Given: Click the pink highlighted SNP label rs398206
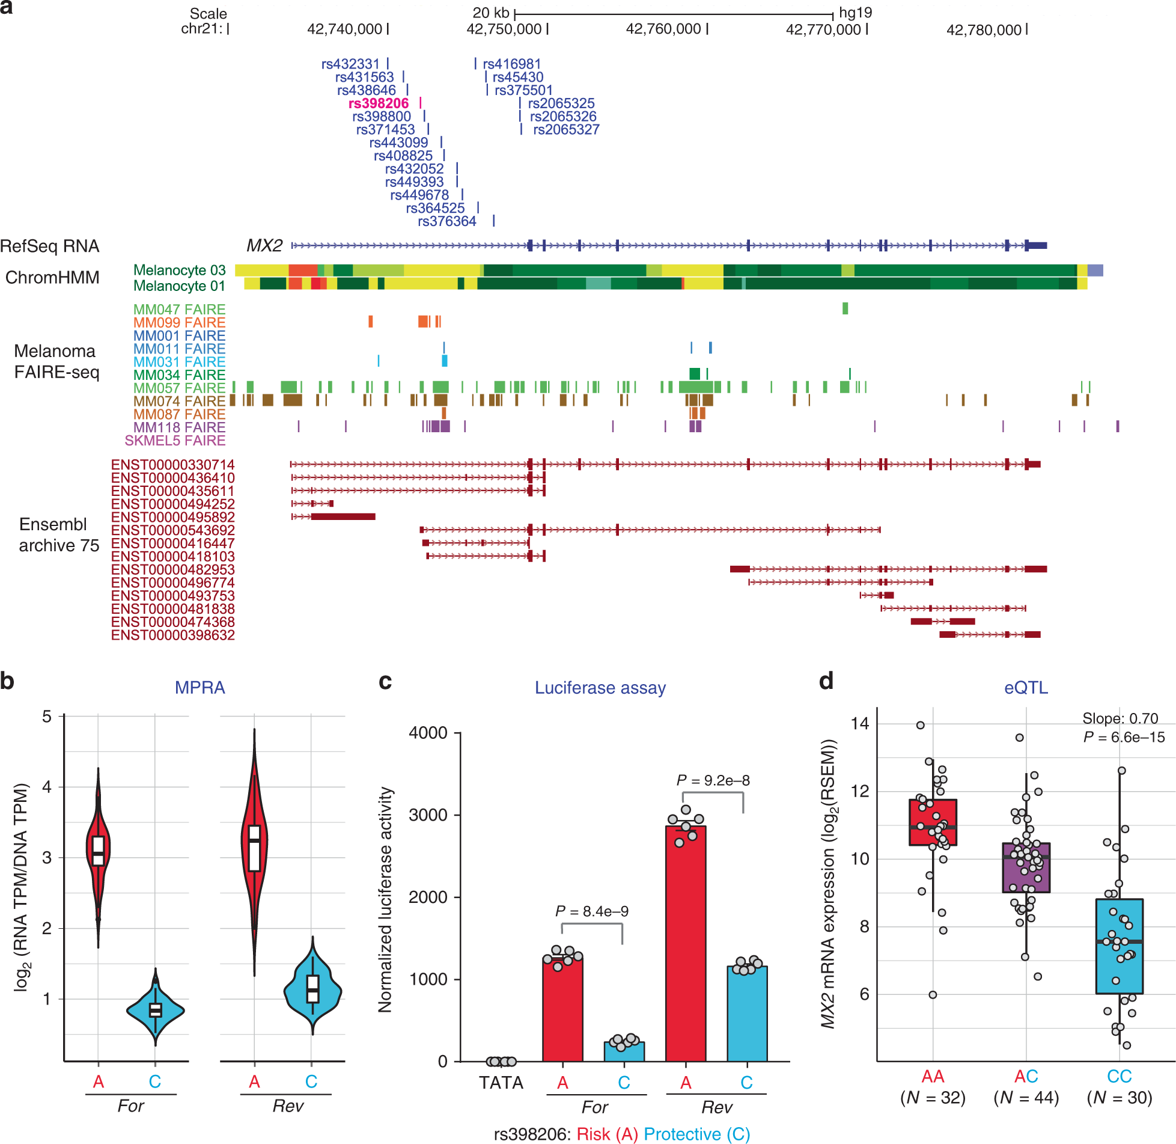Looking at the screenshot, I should pos(379,103).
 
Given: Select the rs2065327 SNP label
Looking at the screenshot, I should pos(566,130).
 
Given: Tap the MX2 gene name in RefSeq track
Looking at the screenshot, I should pos(264,246).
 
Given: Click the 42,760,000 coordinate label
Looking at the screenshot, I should pos(663,29).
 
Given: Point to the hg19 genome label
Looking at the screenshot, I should pos(855,13).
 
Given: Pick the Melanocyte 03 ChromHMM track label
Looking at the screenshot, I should pos(179,271).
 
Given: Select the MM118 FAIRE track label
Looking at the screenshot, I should pos(179,427).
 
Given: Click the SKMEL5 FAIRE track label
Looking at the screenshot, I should pos(175,441).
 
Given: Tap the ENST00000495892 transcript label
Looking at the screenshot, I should pos(172,517).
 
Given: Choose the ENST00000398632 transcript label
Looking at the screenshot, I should pos(172,635).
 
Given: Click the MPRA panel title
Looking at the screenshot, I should pos(200,688).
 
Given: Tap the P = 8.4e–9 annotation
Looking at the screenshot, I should pos(592,911).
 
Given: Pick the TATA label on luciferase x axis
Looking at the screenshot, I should pos(501,1083).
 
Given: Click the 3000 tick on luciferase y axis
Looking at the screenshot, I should pos(428,815).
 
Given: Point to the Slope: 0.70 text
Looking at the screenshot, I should pos(1120,718).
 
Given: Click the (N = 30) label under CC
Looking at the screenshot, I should pos(1119,1098).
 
